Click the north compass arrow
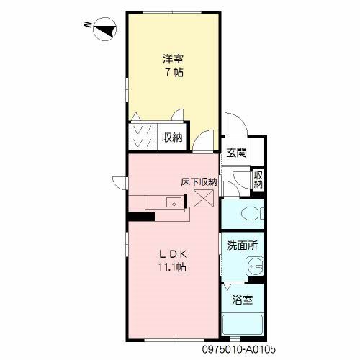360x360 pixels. pos(101,30)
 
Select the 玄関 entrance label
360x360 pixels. pos(235,152)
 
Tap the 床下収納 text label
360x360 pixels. pos(199,183)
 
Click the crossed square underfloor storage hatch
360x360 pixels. pos(205,198)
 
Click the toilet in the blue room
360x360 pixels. pos(248,213)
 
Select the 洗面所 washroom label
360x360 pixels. pos(240,245)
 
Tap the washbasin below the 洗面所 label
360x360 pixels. pos(253,266)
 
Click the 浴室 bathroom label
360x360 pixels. pos(240,300)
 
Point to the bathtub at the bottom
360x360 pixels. pos(243,325)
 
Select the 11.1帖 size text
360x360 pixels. pos(173,267)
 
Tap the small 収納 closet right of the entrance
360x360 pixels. pos(258,180)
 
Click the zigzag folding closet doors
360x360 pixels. pos(143,137)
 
